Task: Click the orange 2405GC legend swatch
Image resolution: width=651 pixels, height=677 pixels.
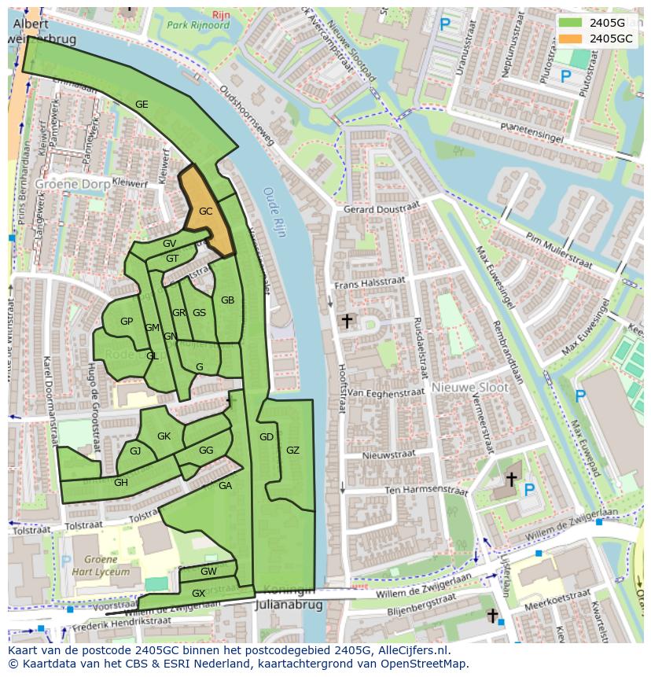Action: click(x=572, y=38)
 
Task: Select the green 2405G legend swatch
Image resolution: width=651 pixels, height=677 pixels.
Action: click(x=572, y=23)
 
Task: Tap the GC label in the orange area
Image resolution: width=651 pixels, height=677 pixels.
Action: click(x=206, y=212)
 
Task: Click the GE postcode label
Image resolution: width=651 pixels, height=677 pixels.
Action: click(x=142, y=105)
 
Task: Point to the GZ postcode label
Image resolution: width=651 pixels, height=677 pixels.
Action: click(x=292, y=451)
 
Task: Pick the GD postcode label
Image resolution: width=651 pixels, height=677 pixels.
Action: click(x=267, y=437)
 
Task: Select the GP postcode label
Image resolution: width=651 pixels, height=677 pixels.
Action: click(x=127, y=322)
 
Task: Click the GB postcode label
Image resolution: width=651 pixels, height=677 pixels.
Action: click(x=227, y=300)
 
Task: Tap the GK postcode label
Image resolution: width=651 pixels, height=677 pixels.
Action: click(x=164, y=436)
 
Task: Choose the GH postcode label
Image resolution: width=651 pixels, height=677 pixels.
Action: click(x=121, y=483)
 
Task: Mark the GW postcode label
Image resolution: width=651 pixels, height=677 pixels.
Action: click(x=208, y=572)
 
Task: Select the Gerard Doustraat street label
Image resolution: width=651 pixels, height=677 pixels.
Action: click(x=381, y=209)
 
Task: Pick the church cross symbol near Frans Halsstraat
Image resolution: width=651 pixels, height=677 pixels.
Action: click(x=346, y=321)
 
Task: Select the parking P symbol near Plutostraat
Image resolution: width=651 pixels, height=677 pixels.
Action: click(x=565, y=76)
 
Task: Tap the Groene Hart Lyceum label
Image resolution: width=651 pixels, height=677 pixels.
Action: click(x=95, y=566)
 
